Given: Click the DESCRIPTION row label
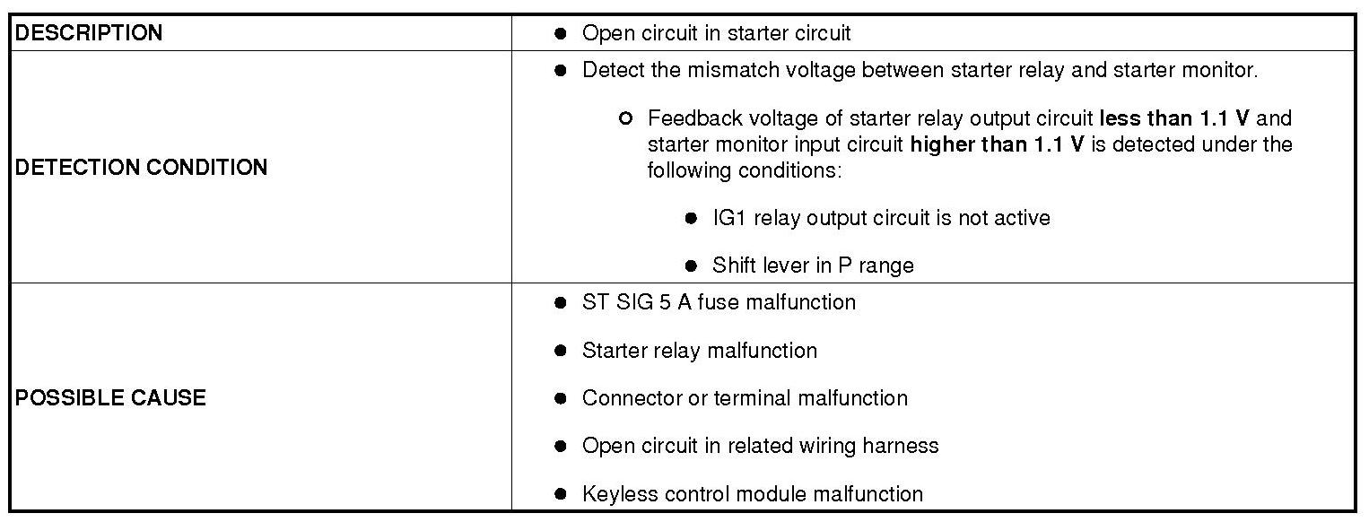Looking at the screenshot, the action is [x=89, y=33].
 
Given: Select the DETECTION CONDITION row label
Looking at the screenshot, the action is [x=141, y=168].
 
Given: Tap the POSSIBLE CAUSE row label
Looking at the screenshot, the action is [x=110, y=397].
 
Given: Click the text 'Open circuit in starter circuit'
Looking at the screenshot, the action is [x=716, y=33].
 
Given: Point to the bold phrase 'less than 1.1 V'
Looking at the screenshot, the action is [x=1172, y=118].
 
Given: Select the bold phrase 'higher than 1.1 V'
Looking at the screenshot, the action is [x=998, y=144].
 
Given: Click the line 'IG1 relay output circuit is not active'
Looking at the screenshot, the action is [x=881, y=218].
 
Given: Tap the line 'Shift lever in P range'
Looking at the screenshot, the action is [x=813, y=265].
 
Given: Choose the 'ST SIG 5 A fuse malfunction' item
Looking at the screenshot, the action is [x=719, y=302].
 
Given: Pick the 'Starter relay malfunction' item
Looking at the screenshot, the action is [x=700, y=350].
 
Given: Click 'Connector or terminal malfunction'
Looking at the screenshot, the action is [x=745, y=397].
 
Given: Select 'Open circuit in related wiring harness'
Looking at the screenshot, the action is [x=760, y=446].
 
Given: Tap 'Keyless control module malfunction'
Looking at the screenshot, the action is [x=752, y=493].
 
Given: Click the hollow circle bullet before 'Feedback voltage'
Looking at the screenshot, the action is [x=626, y=118].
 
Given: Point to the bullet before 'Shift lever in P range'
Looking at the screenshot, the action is [x=691, y=265].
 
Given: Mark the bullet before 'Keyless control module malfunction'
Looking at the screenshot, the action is [x=561, y=493].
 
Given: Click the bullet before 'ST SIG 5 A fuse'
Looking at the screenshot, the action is [x=561, y=302].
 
